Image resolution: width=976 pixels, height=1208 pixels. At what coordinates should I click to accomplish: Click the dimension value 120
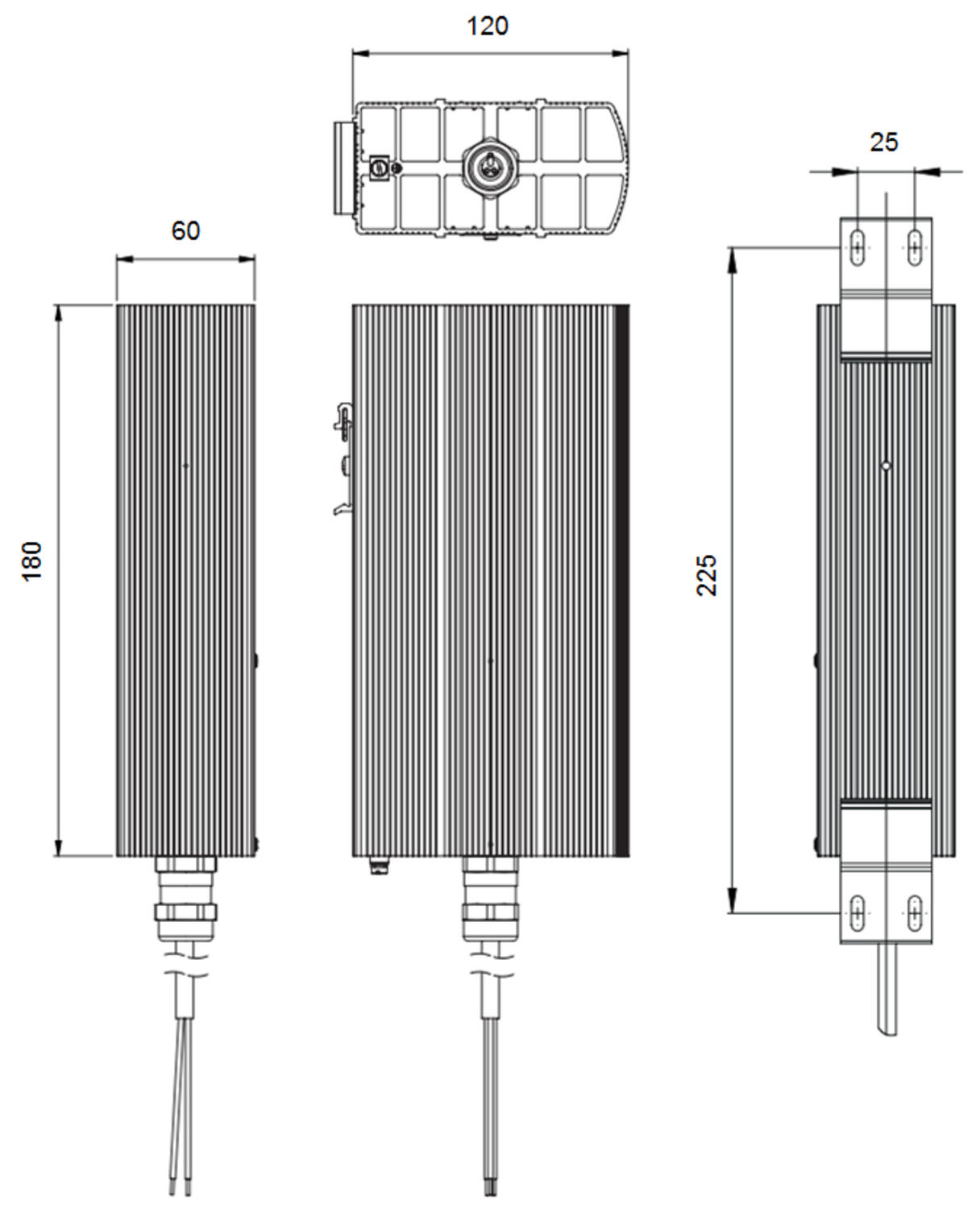487,26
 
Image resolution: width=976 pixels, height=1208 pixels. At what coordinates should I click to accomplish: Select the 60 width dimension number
185,231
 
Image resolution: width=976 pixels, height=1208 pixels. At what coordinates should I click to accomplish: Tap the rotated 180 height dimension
31,561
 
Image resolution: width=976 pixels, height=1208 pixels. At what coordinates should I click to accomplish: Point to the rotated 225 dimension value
706,574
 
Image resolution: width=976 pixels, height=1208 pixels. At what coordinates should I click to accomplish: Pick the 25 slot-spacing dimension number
883,143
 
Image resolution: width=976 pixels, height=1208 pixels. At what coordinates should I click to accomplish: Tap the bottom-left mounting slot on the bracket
858,912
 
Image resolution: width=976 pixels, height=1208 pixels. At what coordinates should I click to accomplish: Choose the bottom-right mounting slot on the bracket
915,912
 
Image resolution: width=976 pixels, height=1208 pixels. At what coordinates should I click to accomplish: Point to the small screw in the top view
396,168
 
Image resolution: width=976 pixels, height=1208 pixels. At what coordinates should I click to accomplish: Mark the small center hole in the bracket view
886,465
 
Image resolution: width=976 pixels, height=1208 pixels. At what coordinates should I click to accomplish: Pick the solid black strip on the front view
621,580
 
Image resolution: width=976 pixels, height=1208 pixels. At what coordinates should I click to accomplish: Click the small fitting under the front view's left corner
377,867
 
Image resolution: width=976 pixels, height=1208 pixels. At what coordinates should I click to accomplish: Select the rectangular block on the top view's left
343,168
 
